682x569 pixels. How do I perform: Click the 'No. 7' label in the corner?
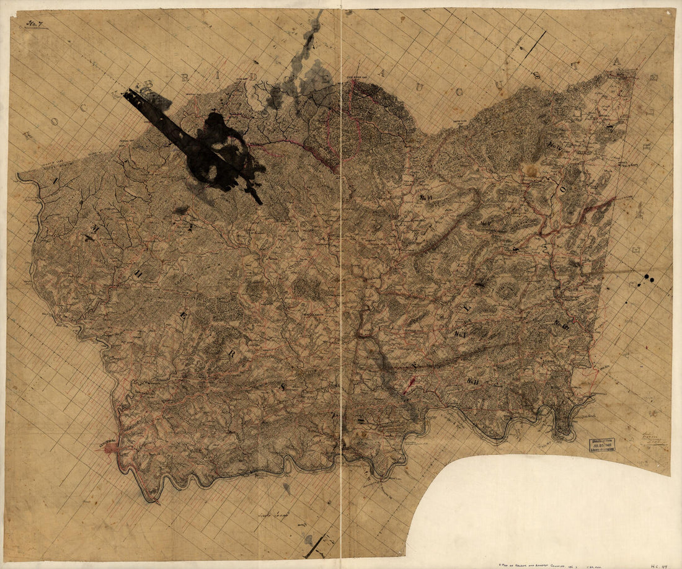pyautogui.click(x=34, y=24)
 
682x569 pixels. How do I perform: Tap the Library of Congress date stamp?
pyautogui.click(x=601, y=446)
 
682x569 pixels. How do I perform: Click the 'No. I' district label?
pyautogui.click(x=460, y=335)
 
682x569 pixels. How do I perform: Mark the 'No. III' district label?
pyautogui.click(x=562, y=324)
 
